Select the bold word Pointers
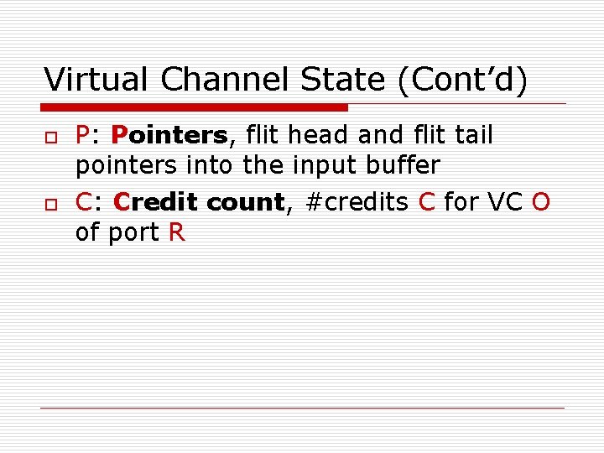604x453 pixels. (x=169, y=135)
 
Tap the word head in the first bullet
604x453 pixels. (x=318, y=135)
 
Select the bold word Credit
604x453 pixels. (x=157, y=202)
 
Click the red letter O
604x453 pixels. (x=541, y=202)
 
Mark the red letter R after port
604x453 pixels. (x=176, y=233)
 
